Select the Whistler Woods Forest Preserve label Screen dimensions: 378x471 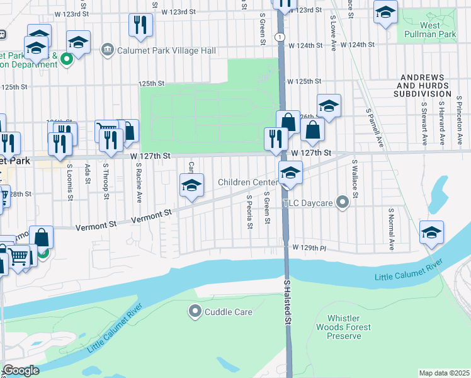[x=344, y=327]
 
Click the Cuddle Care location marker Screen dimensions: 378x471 [x=195, y=311]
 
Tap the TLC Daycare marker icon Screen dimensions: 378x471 [x=342, y=202]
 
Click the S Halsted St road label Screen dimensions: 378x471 [x=288, y=302]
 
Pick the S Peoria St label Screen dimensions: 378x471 [x=249, y=212]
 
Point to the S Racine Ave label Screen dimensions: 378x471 [x=139, y=182]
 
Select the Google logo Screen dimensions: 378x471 [x=20, y=370]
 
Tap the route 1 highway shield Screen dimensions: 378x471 [x=278, y=38]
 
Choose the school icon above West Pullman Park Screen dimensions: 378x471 [x=385, y=11]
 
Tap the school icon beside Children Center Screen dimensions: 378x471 [x=290, y=172]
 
